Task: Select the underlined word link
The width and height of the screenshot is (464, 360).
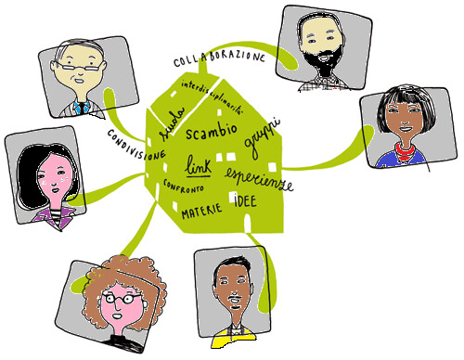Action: pyautogui.click(x=199, y=166)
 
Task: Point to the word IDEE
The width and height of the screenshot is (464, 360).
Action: pyautogui.click(x=245, y=201)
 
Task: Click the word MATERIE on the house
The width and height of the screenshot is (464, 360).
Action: pyautogui.click(x=201, y=211)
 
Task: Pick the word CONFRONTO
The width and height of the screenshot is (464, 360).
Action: pyautogui.click(x=183, y=186)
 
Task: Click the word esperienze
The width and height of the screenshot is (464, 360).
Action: pyautogui.click(x=259, y=180)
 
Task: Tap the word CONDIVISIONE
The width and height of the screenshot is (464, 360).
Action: pyautogui.click(x=136, y=145)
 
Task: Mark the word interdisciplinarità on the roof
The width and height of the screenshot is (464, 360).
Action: pyautogui.click(x=213, y=97)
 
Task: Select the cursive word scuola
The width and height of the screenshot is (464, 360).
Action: pyautogui.click(x=172, y=123)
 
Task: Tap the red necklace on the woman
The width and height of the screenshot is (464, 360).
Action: pyautogui.click(x=405, y=150)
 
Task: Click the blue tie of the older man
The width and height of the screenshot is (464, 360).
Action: pyautogui.click(x=82, y=108)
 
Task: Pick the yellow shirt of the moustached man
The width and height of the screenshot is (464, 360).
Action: pyautogui.click(x=234, y=338)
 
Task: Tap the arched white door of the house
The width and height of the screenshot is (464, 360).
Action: pyautogui.click(x=248, y=224)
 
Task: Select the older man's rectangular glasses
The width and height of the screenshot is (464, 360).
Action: pyautogui.click(x=79, y=66)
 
